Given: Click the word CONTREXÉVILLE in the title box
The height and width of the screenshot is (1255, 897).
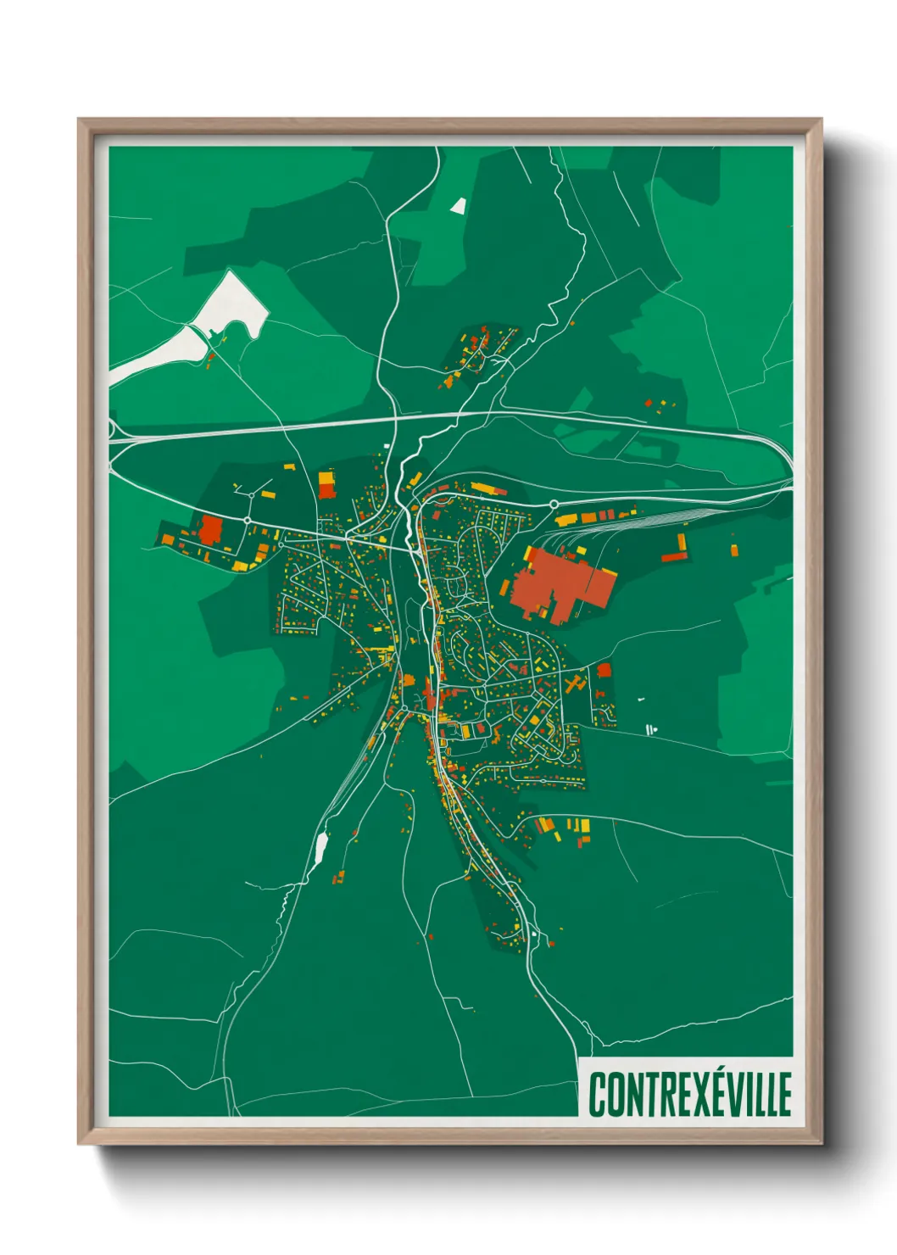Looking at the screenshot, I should (689, 1094).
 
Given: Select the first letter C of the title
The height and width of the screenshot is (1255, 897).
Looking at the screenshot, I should (597, 1095).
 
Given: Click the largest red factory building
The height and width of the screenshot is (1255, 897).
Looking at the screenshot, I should (560, 586).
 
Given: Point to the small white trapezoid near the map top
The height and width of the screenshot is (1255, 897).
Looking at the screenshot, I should (459, 205).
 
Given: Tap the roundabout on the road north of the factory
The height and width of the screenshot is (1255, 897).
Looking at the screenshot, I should (554, 505).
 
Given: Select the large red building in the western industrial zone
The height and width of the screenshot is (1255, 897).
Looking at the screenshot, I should (209, 529).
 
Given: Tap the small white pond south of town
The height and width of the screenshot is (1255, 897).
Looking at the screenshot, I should (321, 846).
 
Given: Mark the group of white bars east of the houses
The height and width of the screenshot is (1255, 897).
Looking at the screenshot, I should (651, 729).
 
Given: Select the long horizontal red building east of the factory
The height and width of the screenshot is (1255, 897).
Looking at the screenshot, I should (674, 557).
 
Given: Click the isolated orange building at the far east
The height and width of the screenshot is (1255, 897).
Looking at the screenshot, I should (733, 550).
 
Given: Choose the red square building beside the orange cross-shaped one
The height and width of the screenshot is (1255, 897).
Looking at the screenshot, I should (604, 671).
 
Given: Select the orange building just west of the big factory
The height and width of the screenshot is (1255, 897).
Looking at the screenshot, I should (506, 587).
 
